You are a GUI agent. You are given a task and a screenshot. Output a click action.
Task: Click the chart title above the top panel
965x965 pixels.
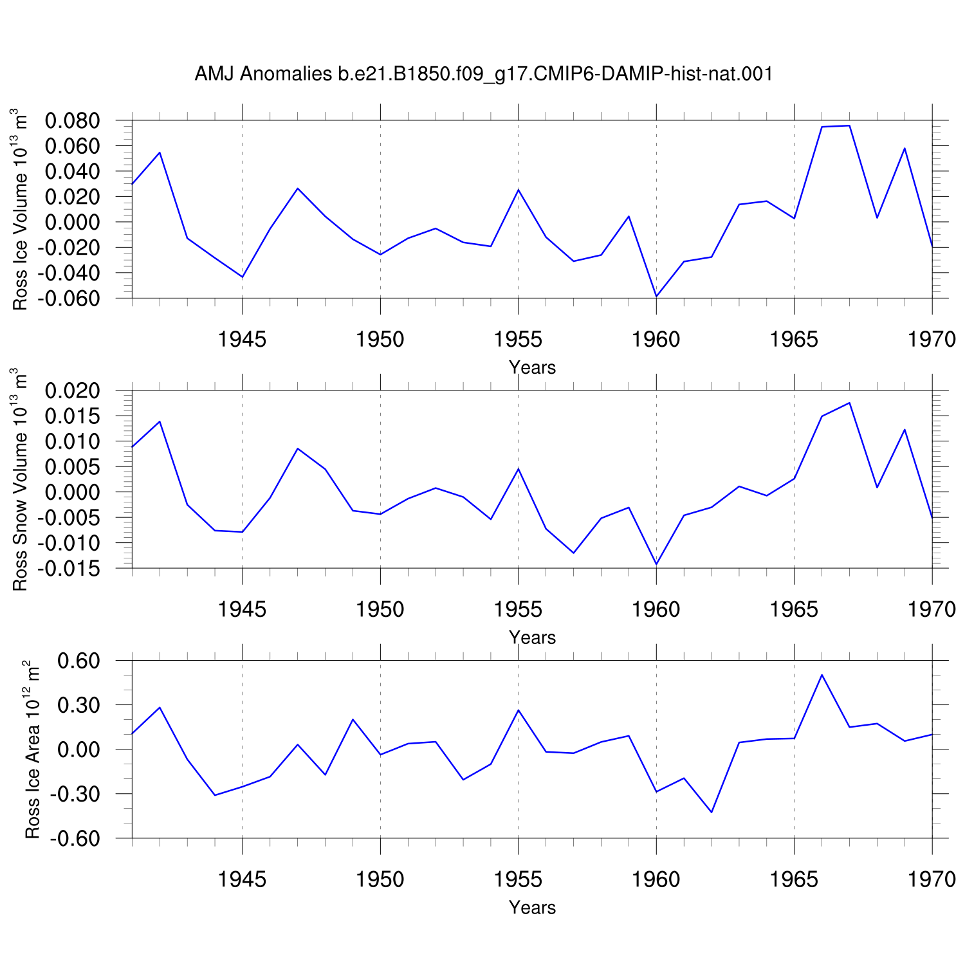pos(483,75)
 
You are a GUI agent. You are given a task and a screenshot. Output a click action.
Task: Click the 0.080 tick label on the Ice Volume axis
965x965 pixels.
pos(73,120)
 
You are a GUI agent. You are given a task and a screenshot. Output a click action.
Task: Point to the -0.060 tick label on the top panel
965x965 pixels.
pos(69,299)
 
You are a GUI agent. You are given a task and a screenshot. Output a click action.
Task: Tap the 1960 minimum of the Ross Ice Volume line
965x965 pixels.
pos(656,297)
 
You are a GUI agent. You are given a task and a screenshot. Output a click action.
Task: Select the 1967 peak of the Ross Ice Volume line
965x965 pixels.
pos(849,125)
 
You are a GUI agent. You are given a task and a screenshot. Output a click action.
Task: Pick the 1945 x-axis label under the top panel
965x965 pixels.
pos(242,339)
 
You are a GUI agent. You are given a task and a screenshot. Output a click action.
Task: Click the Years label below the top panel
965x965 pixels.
pos(532,367)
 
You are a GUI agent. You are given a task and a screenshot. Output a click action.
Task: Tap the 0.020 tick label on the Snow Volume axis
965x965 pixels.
pos(73,391)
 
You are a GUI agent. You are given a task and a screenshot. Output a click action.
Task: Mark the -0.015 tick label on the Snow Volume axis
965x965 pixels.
pos(69,569)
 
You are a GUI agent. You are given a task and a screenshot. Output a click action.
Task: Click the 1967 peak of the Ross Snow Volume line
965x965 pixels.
pos(849,403)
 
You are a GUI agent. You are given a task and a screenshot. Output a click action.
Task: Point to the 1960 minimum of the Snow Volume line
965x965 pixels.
pos(656,564)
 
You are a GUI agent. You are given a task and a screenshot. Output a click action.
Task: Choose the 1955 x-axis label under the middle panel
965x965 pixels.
pos(518,609)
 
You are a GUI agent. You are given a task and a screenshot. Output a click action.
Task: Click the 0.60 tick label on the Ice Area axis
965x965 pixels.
pos(78,661)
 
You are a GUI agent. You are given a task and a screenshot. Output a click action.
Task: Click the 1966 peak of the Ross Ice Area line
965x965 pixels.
pos(822,675)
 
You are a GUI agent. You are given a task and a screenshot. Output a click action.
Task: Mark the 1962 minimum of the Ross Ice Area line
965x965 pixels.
pos(712,812)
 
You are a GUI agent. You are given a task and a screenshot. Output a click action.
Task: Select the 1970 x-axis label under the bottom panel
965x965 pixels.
pos(932,879)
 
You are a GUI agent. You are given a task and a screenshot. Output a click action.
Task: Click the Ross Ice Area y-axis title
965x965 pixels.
pos(32,749)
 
